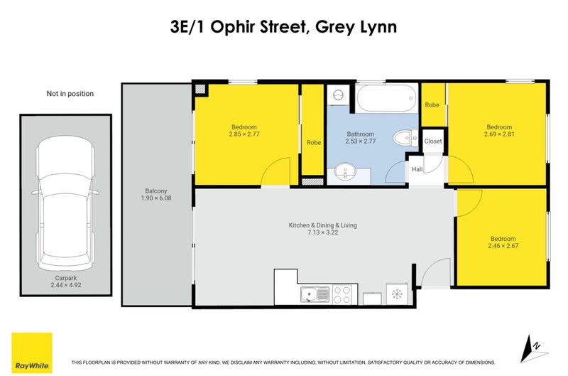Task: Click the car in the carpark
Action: [x=65, y=199]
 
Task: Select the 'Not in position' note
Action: [x=70, y=93]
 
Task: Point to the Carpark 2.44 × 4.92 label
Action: [x=65, y=281]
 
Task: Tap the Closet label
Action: [x=432, y=141]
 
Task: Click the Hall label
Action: [x=417, y=168]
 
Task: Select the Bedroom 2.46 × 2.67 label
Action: [x=503, y=243]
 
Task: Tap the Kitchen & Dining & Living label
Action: [x=322, y=229]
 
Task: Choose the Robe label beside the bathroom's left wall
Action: [x=313, y=142]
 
